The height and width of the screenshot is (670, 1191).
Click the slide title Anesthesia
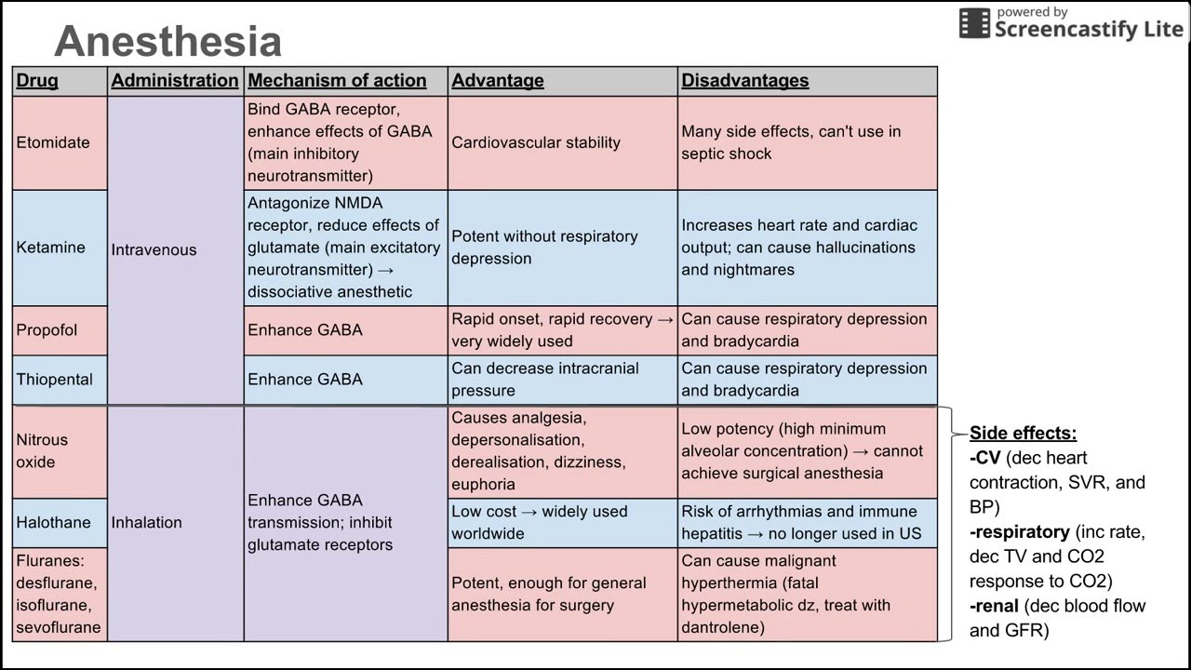tap(167, 42)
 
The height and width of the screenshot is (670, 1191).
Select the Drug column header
tap(37, 81)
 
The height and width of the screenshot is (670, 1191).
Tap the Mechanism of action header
tap(337, 81)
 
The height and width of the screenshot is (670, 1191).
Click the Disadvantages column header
tap(744, 81)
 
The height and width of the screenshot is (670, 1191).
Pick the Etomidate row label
tap(53, 142)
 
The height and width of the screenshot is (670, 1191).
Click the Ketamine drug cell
tap(50, 248)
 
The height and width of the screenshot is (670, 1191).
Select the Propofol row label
tap(47, 330)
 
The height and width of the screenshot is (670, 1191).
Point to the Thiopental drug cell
tap(54, 380)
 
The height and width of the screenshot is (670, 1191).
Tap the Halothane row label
tap(53, 523)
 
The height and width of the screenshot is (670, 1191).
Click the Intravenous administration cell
tap(154, 249)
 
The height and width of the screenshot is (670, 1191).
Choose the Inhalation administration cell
tap(146, 523)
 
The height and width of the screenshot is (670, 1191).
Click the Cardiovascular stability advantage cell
tap(535, 142)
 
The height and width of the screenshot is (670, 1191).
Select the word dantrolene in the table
tap(722, 627)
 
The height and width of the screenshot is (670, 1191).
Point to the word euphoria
tap(483, 484)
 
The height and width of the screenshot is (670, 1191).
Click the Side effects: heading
tap(1023, 434)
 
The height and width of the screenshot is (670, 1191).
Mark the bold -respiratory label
tap(1019, 532)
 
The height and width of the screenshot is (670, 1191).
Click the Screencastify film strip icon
tap(974, 23)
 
